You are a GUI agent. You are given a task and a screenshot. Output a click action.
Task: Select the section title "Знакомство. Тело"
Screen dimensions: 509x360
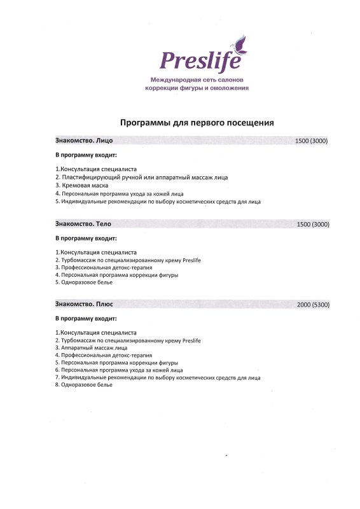tap(83, 224)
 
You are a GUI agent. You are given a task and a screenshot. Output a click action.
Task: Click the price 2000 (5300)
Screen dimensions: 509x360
tap(312, 305)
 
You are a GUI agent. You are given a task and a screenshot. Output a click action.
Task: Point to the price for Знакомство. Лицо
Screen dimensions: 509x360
tap(312, 141)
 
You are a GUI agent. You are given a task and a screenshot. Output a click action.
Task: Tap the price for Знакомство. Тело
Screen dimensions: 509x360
tap(312, 225)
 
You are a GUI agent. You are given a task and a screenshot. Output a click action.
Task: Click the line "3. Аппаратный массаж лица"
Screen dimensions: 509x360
tap(91, 348)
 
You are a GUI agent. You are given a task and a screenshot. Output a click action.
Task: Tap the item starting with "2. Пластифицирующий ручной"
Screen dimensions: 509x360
tap(141, 177)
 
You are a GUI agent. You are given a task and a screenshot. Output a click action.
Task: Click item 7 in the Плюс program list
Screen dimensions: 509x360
tap(158, 377)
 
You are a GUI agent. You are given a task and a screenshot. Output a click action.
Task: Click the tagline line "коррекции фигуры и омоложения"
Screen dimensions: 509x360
tap(197, 88)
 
